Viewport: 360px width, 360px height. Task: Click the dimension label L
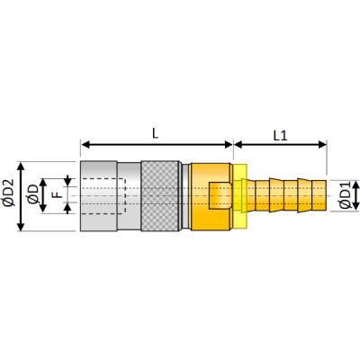click(x=155, y=132)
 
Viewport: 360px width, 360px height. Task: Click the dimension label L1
click(x=279, y=134)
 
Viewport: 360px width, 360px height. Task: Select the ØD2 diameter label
click(x=10, y=196)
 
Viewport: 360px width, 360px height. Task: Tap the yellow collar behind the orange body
click(x=240, y=196)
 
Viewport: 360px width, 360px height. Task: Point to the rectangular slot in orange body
click(x=217, y=195)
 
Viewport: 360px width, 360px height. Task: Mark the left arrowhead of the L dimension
click(x=85, y=144)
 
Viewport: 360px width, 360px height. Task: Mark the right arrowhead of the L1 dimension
click(x=321, y=144)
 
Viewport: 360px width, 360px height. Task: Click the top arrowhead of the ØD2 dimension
click(x=21, y=166)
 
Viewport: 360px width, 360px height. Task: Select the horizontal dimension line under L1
click(x=279, y=144)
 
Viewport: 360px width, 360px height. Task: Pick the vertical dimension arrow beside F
click(x=67, y=195)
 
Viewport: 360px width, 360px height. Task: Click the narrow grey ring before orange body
click(x=185, y=196)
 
